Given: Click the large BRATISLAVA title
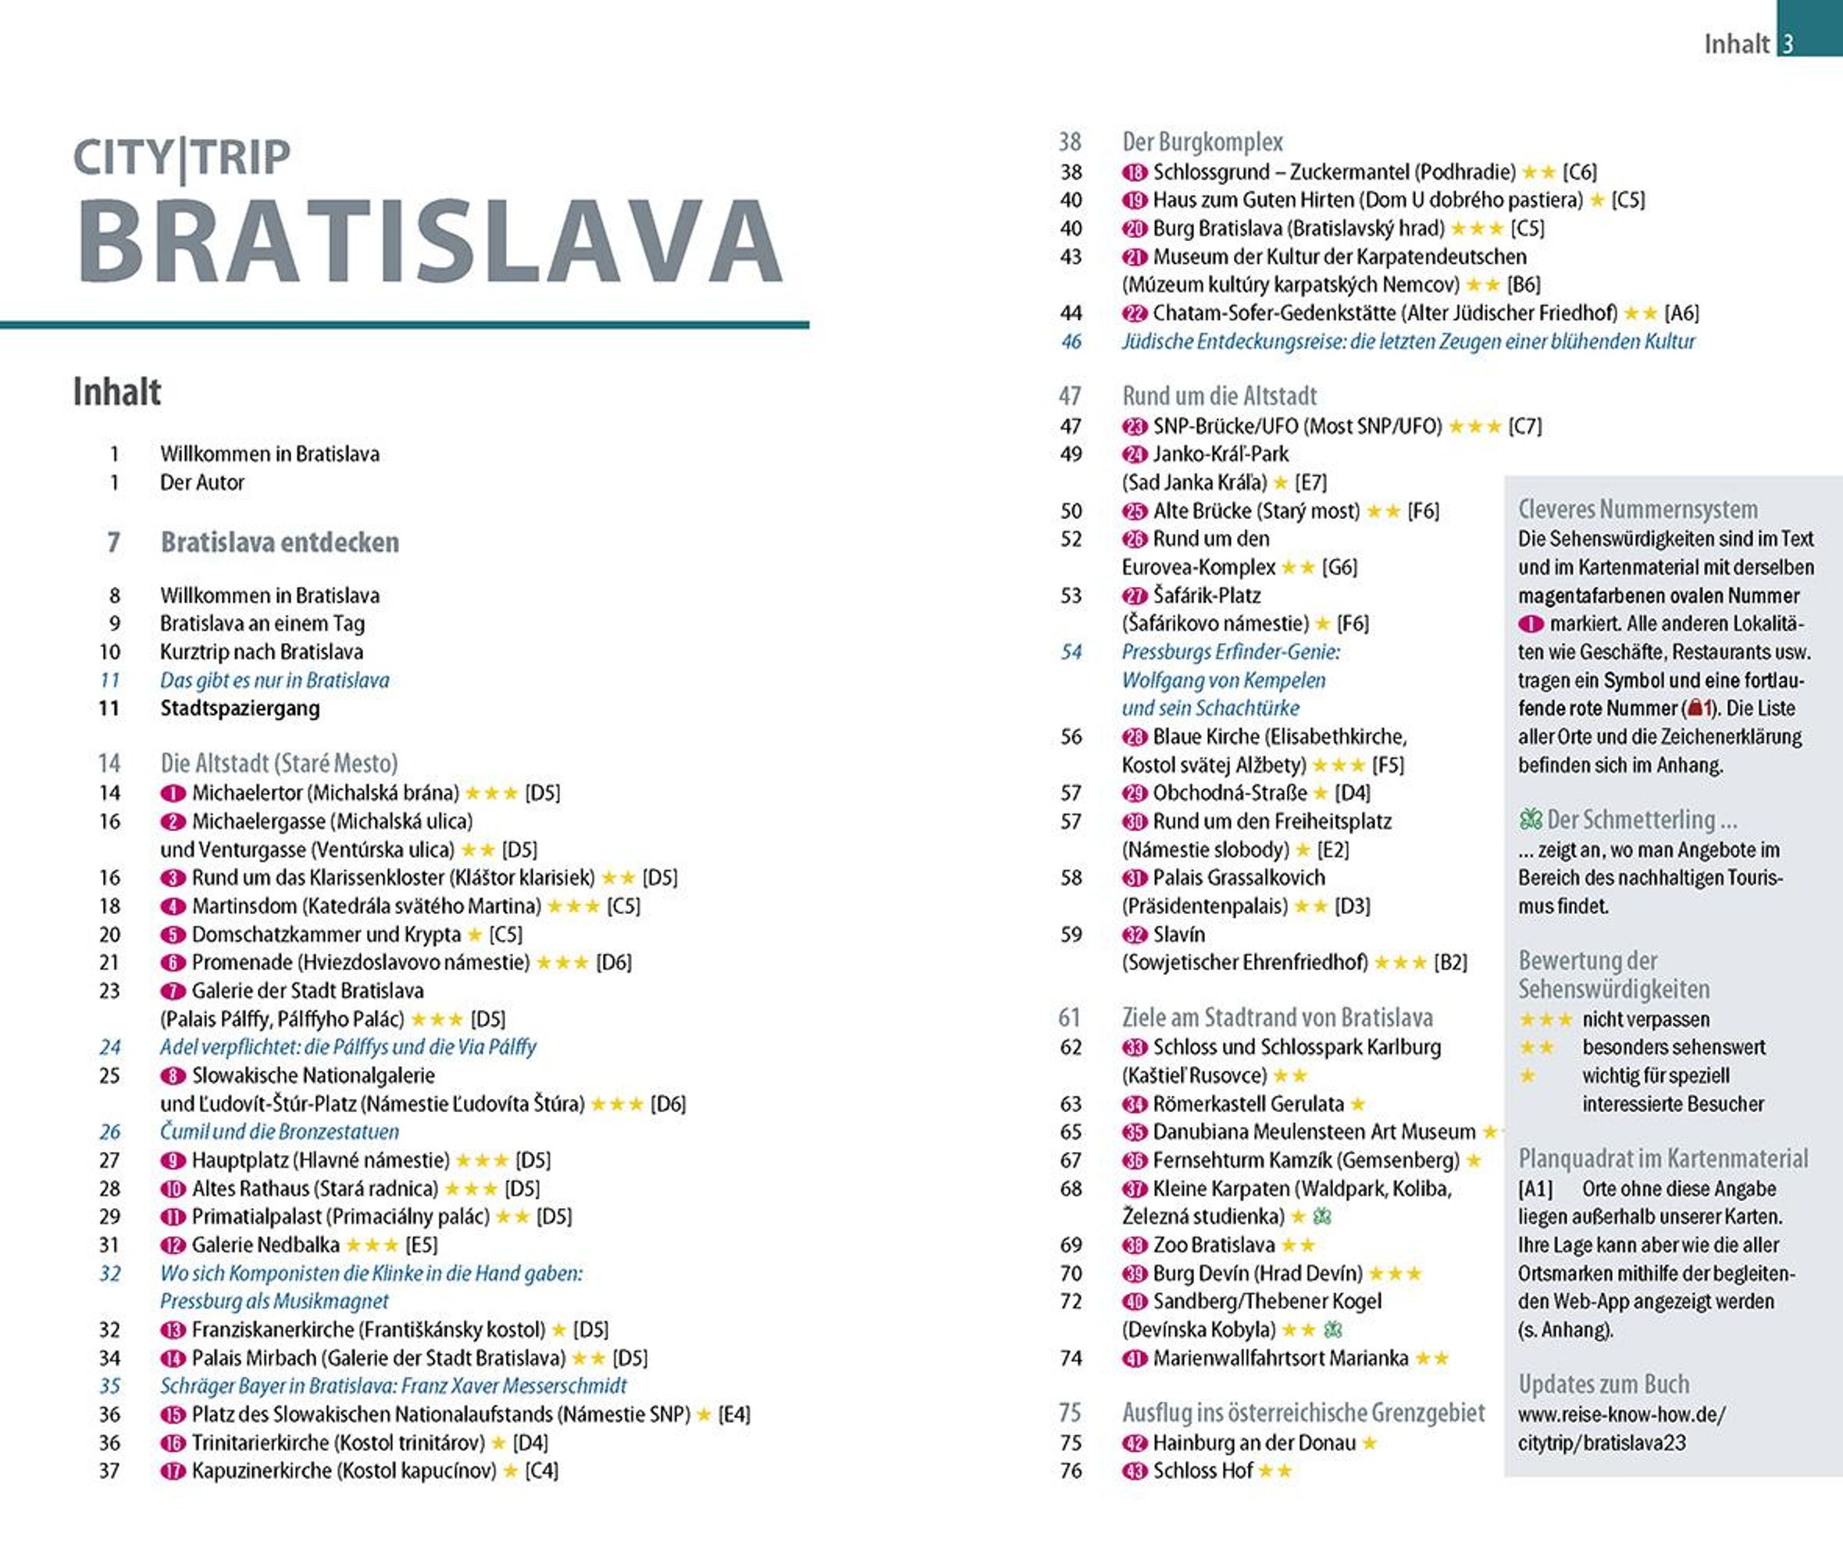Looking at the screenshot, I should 430,241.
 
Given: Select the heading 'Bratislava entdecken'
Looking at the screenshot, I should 279,542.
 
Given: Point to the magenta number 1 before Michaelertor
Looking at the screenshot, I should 173,793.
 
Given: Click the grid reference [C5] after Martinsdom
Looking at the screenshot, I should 624,906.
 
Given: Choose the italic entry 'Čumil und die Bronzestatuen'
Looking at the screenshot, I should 279,1131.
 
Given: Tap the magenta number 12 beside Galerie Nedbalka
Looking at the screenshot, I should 173,1245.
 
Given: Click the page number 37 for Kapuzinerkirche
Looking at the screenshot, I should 109,1470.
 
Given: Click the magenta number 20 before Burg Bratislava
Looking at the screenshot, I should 1134,228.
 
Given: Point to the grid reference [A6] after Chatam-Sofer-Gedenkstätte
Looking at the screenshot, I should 1681,312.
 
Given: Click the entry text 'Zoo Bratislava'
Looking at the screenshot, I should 1213,1245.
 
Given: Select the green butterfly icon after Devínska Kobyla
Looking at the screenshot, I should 1332,1329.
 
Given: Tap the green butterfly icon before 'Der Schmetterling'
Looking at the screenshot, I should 1530,820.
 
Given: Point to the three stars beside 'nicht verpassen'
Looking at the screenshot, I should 1545,1019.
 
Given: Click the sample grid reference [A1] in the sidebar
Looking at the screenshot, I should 1536,1189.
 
